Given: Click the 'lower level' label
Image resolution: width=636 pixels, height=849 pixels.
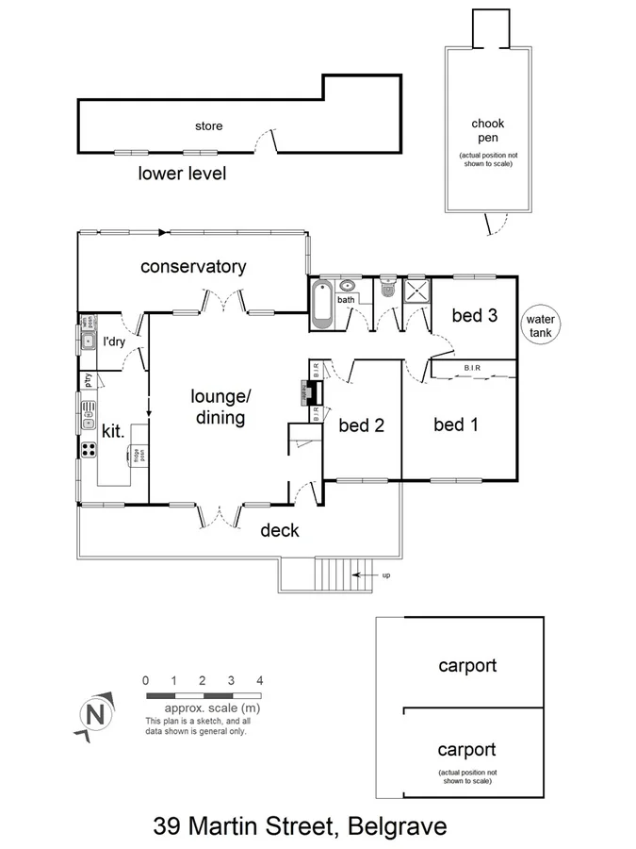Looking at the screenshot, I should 182,174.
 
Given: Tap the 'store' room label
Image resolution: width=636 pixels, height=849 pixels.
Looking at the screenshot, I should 208,125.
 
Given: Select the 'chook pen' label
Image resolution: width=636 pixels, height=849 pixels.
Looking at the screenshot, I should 487,131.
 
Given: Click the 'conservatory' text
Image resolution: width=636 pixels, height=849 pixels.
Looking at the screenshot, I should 193,266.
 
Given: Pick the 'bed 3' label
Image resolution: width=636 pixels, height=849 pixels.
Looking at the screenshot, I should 474,316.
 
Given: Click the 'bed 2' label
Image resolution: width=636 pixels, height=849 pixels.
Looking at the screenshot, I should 361,425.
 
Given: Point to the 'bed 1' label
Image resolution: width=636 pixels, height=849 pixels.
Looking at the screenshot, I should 456,425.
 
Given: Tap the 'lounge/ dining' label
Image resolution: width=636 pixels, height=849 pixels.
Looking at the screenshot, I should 218,407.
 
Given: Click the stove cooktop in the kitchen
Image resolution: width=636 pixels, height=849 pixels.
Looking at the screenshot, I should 89,449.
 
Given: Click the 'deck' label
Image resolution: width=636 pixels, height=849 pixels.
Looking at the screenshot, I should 279,530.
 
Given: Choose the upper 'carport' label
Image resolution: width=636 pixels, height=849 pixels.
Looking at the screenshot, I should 467,665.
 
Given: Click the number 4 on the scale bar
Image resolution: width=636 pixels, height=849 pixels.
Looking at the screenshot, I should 259,680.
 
